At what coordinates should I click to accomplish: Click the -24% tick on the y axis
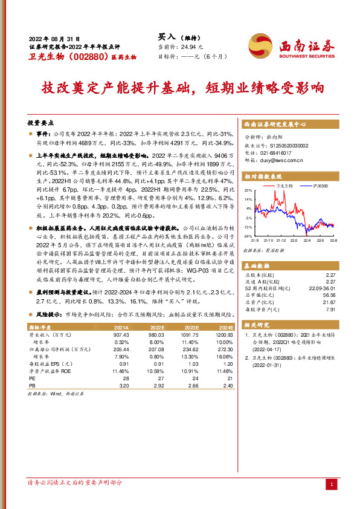tap(248, 236)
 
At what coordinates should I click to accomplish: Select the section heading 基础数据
tap(257, 266)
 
